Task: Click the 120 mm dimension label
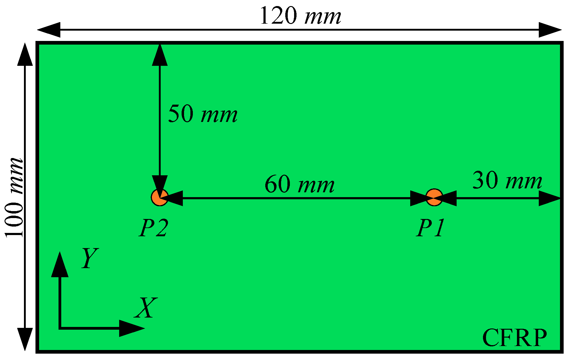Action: point(300,16)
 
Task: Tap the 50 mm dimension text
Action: point(203,114)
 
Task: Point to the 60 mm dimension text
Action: point(299,185)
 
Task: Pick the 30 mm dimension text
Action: point(507,180)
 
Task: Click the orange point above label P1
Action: point(434,197)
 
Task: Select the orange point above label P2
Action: point(159,197)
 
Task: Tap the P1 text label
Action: point(431,228)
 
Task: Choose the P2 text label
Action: point(153,228)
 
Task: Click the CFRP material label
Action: point(514,338)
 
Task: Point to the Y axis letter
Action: point(90,258)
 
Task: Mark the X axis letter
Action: point(146,308)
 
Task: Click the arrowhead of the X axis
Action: point(132,328)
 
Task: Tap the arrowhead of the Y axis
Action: point(60,264)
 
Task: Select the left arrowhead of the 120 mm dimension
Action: point(49,30)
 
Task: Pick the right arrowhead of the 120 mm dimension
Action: point(550,30)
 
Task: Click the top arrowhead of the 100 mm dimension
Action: point(25,55)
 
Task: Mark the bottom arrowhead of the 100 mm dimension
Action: point(25,339)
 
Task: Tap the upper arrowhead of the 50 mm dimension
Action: point(159,55)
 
